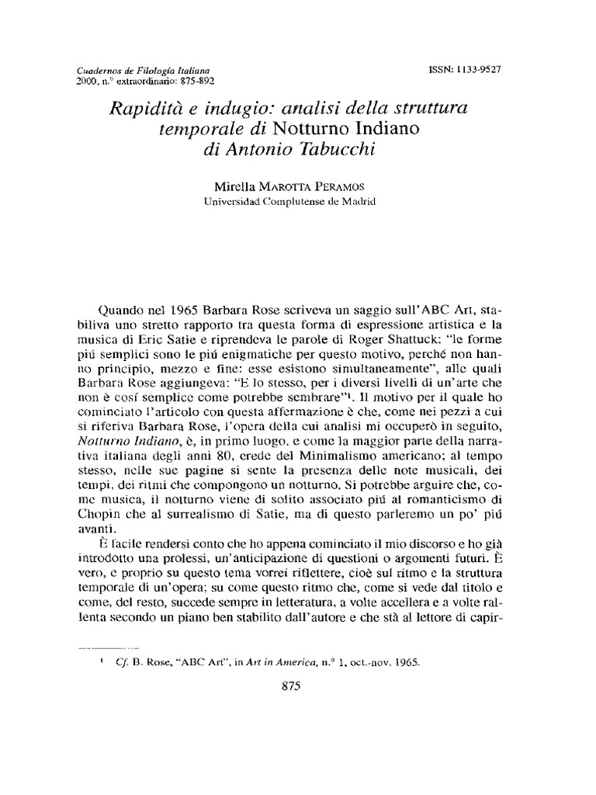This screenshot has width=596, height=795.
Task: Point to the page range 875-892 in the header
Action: (192, 81)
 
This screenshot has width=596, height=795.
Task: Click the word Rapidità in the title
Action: (145, 109)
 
